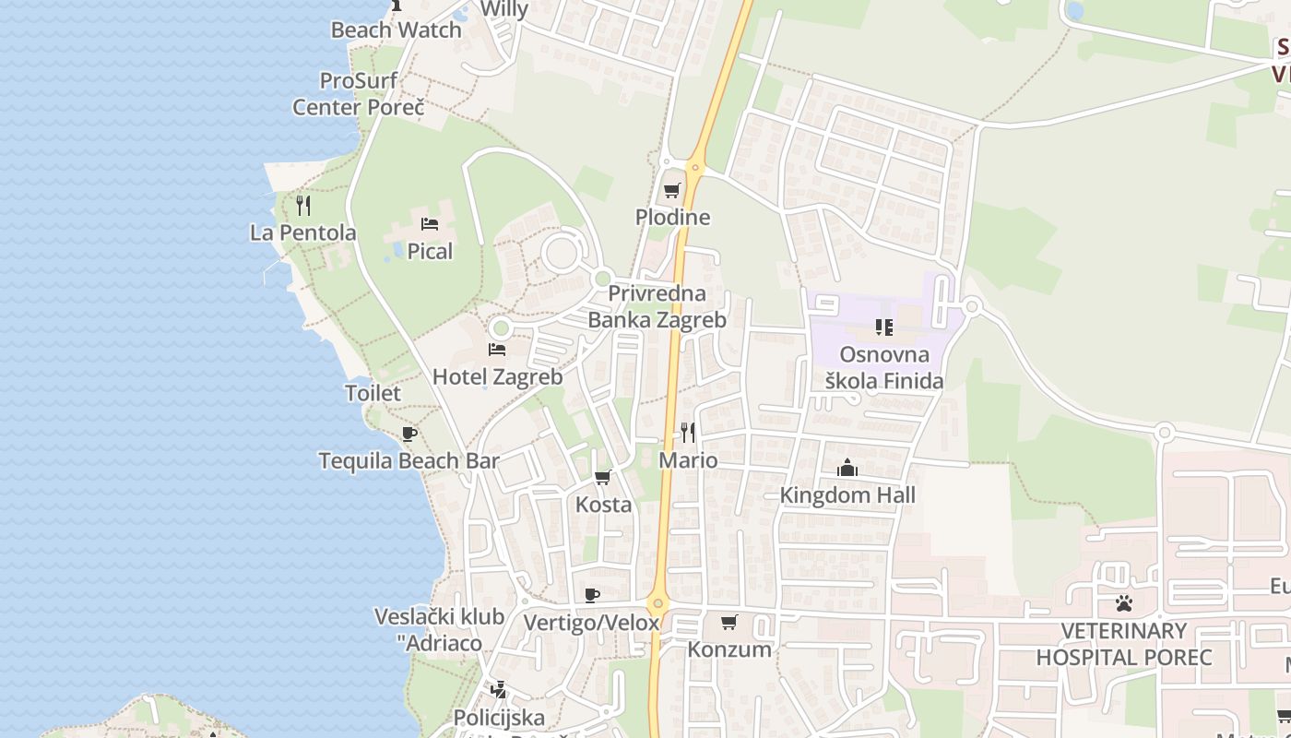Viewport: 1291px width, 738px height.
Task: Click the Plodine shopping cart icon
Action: click(x=672, y=191)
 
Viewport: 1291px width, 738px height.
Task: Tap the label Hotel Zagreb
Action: click(x=497, y=376)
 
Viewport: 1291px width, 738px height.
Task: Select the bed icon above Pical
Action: click(x=429, y=223)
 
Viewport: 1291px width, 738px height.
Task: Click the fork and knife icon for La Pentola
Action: click(x=302, y=205)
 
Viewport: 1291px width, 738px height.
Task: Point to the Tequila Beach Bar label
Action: click(x=409, y=460)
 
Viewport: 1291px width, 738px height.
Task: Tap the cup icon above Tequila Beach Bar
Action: click(x=409, y=434)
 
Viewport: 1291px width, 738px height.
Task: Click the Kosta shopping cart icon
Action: click(x=603, y=477)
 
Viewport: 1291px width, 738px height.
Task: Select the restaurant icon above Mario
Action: click(x=688, y=432)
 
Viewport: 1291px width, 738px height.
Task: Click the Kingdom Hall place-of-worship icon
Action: click(x=847, y=469)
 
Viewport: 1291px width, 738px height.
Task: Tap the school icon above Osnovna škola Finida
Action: click(x=884, y=327)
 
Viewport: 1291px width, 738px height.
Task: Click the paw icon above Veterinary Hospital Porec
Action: click(x=1123, y=604)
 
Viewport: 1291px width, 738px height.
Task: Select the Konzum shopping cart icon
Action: click(x=729, y=622)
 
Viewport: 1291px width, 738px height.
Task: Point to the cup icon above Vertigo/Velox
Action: click(x=592, y=595)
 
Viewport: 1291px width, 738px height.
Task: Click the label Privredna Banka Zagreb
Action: click(x=657, y=307)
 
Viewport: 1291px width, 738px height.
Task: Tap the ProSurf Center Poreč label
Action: click(x=359, y=94)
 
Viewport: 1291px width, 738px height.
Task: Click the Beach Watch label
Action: click(x=396, y=30)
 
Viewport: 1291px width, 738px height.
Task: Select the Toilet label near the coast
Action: click(x=373, y=393)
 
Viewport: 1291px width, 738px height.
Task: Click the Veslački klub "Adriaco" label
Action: click(x=439, y=629)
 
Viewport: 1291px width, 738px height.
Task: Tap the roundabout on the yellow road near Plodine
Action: click(x=696, y=169)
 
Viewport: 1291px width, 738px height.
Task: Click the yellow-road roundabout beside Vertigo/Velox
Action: click(x=657, y=605)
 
